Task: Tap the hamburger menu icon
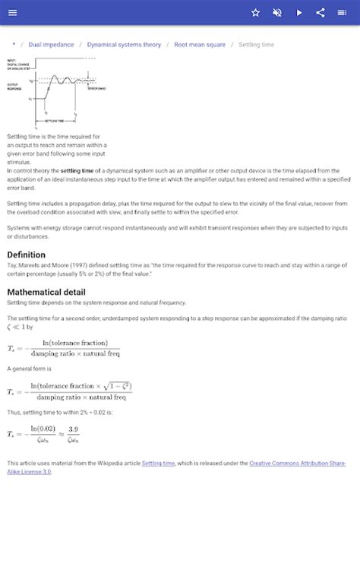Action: pos(13,12)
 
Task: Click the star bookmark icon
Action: pos(256,12)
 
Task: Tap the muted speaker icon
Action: pos(277,12)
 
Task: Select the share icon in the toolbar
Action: pos(321,12)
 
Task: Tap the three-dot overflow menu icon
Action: pos(343,12)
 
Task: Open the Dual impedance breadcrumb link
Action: pos(51,45)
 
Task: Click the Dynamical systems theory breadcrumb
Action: pos(124,45)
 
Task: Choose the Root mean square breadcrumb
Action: pos(200,45)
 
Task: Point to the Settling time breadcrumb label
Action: pos(256,45)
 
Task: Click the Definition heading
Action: pos(26,255)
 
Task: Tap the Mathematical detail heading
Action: pos(46,292)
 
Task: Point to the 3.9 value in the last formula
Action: pos(73,429)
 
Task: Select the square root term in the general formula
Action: pos(114,386)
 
